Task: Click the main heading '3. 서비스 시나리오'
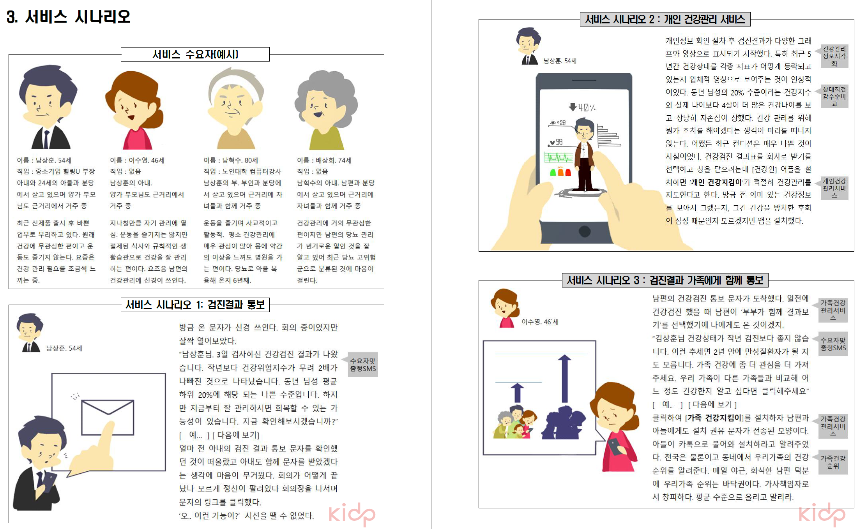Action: pos(69,17)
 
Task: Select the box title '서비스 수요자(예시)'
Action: pos(195,54)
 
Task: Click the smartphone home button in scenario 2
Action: pos(584,231)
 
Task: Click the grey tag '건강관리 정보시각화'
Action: pos(834,56)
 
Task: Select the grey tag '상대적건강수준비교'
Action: pos(834,97)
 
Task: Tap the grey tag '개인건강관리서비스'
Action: pos(834,188)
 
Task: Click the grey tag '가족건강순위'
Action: pos(833,462)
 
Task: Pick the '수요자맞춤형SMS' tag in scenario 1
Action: pos(363,365)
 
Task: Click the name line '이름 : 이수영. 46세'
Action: pos(137,160)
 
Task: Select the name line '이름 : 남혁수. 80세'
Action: pos(231,160)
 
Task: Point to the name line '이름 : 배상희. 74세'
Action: pos(324,160)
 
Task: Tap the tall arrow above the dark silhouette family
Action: pos(565,378)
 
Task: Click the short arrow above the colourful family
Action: pos(517,393)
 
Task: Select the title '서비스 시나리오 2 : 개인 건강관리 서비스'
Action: pos(665,19)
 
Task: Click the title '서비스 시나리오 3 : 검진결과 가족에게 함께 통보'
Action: pos(665,280)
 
